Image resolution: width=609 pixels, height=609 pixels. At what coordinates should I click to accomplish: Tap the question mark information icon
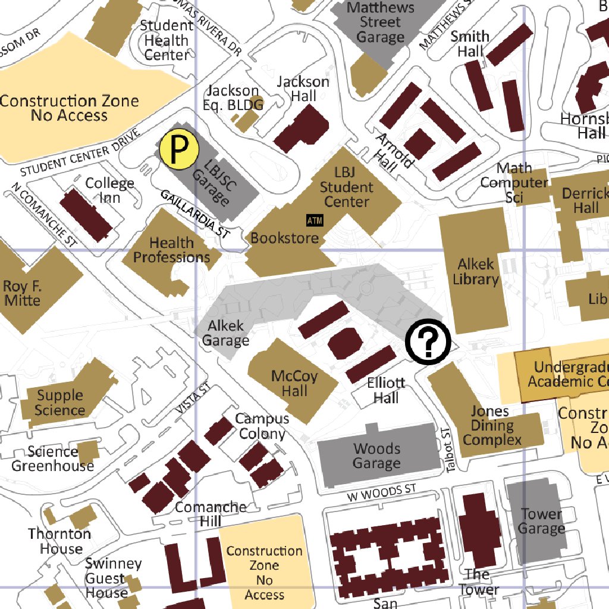click(428, 341)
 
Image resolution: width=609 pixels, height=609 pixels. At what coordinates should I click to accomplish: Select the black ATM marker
click(315, 221)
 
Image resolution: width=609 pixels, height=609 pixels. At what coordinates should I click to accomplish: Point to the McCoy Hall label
click(294, 384)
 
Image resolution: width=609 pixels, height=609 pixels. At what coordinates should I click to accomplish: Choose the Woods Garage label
click(377, 456)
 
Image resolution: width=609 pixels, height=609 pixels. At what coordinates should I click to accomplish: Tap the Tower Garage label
click(541, 521)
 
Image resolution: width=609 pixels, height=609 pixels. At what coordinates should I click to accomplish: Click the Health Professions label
click(171, 250)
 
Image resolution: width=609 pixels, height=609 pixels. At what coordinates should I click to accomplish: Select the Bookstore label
click(285, 238)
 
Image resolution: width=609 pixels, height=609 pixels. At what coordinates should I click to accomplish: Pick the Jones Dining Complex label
click(491, 426)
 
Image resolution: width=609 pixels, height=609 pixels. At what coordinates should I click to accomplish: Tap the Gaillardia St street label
click(194, 215)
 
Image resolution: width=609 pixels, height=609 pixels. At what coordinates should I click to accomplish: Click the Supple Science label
click(61, 403)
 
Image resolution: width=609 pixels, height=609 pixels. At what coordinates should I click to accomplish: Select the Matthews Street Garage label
click(380, 23)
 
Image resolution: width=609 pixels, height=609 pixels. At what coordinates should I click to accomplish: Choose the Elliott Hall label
click(386, 390)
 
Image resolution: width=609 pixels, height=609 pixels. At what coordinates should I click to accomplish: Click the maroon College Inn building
click(86, 215)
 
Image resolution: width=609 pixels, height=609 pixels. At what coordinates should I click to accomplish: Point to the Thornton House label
click(59, 541)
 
